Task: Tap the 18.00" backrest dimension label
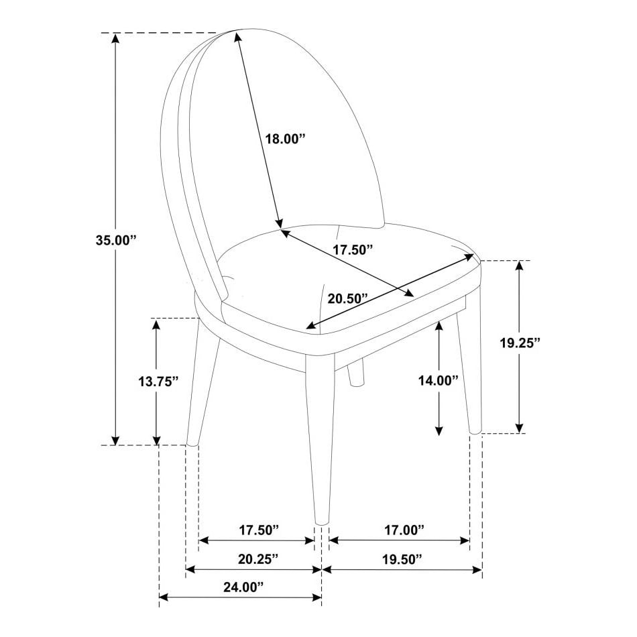[285, 139]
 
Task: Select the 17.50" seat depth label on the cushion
[353, 250]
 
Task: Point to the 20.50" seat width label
[349, 298]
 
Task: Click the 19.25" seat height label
[520, 343]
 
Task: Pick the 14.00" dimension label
[438, 380]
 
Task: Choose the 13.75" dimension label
[158, 382]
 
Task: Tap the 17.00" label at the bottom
[404, 530]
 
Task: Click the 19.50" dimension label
[401, 559]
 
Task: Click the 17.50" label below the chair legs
[258, 530]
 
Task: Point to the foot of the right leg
[475, 429]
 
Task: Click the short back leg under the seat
[356, 374]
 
